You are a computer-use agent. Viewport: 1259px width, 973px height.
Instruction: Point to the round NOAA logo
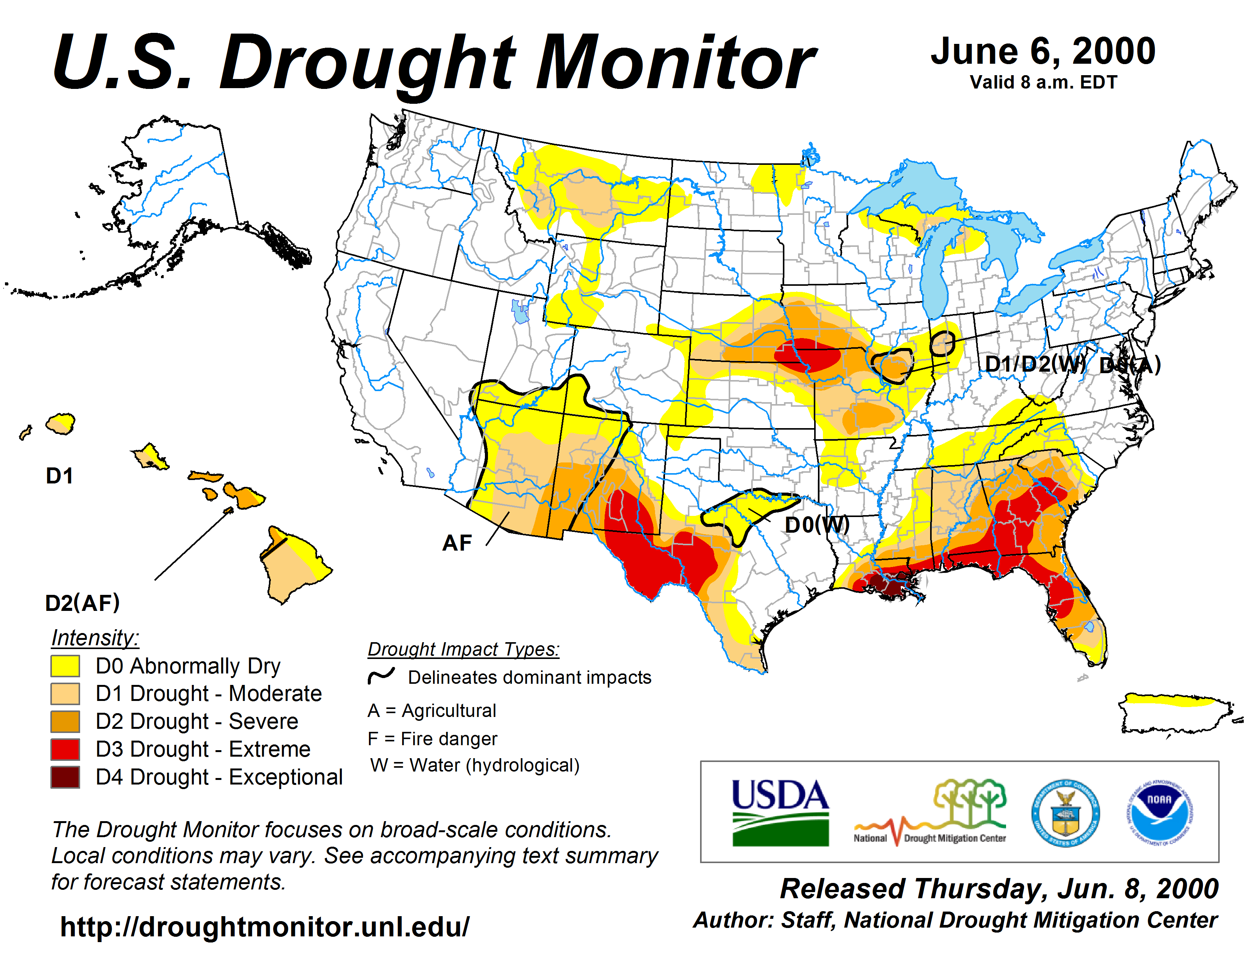tap(1159, 813)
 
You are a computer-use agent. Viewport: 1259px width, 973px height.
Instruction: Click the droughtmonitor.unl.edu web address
tap(265, 927)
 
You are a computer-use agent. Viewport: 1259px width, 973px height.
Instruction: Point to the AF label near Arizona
tap(457, 543)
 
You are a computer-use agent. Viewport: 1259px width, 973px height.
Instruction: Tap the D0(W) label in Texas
tap(817, 525)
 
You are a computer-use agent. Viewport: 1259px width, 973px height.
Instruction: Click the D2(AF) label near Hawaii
tap(82, 603)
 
